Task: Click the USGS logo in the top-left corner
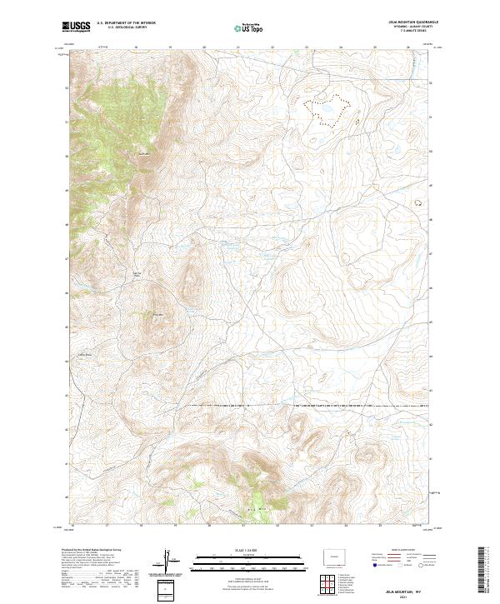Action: (x=76, y=27)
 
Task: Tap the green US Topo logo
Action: (x=250, y=27)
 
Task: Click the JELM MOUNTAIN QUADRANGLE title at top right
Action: (x=412, y=22)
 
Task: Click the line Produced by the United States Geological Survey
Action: (x=93, y=551)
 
